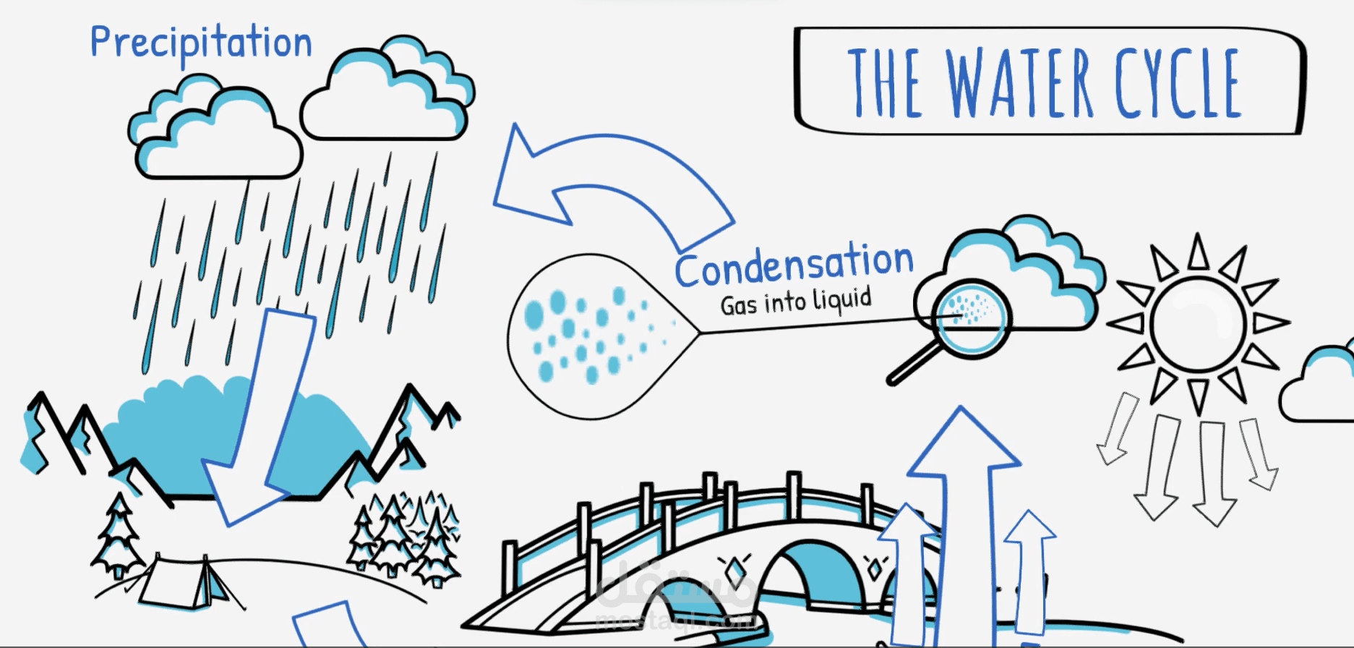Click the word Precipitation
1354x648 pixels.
(201, 43)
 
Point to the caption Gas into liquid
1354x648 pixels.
(796, 302)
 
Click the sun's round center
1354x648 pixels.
(1198, 323)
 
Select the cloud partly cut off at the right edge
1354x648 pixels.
(1317, 385)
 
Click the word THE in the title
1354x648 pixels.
(886, 83)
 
